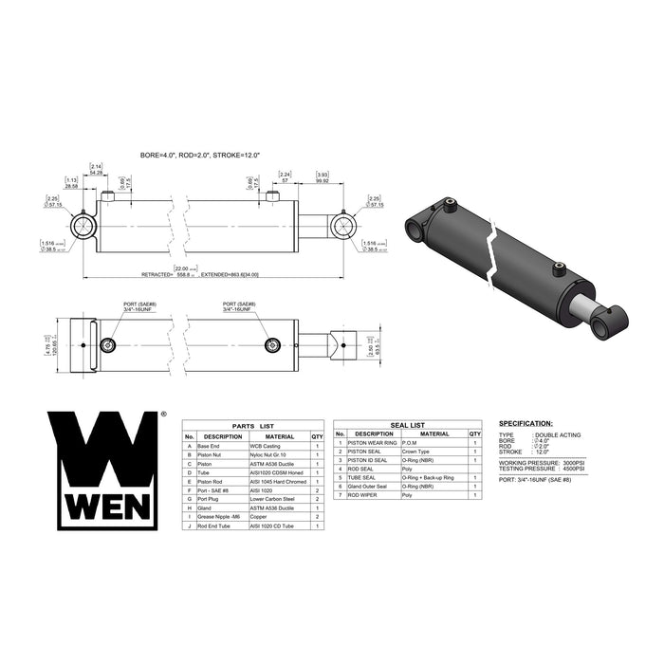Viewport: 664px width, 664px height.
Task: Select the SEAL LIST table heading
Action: [x=408, y=425]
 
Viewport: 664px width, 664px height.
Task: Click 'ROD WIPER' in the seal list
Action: [x=361, y=495]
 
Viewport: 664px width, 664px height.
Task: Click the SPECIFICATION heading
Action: [x=526, y=423]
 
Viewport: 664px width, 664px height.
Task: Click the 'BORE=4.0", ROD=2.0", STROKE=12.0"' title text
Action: [x=199, y=154]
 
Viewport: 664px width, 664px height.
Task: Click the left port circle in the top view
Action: [x=111, y=343]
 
